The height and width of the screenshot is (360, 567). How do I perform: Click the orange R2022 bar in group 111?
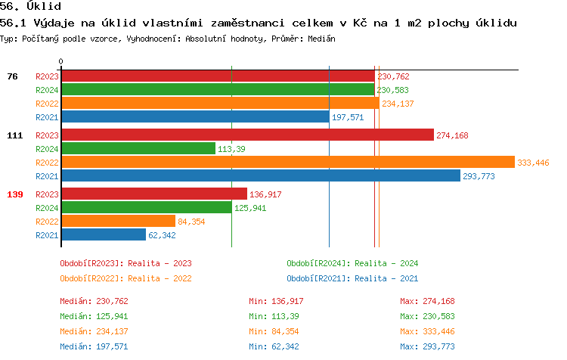[287, 163]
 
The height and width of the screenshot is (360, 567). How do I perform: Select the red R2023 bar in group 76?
[218, 76]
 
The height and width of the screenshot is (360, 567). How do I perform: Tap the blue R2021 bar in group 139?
[103, 235]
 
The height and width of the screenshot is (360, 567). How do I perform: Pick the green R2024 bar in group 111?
[138, 149]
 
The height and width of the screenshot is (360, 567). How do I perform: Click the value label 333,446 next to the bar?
[533, 163]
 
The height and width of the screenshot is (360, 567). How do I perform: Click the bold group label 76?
[12, 76]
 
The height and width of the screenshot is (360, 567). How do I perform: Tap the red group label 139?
[14, 194]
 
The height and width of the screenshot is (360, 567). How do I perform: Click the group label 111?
[14, 135]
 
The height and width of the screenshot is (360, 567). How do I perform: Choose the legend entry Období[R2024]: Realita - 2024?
[352, 263]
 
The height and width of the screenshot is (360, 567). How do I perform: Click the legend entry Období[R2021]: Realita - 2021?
[352, 278]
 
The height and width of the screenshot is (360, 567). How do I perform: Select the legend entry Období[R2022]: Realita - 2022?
[125, 278]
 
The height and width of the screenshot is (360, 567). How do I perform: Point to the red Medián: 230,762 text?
[94, 301]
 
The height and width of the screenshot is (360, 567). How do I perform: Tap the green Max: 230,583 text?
[428, 316]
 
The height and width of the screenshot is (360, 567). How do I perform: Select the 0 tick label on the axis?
[61, 61]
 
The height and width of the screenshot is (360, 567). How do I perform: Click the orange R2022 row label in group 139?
[47, 222]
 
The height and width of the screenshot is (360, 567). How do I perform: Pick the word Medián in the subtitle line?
[321, 38]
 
